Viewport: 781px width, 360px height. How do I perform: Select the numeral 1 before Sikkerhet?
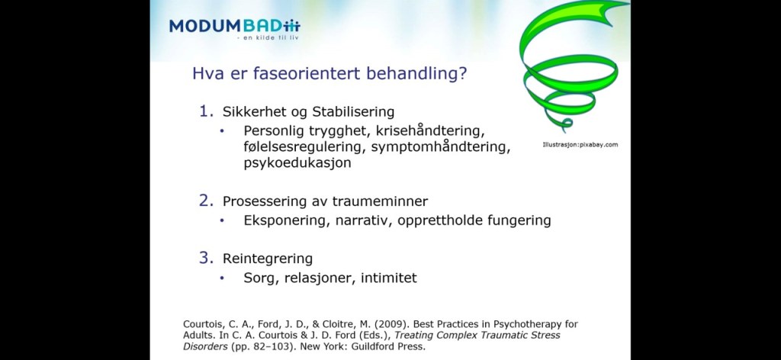[204, 111]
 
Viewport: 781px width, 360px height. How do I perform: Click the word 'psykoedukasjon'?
[297, 162]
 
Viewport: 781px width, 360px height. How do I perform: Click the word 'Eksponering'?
[287, 220]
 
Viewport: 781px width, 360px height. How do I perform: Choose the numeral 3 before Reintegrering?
[204, 258]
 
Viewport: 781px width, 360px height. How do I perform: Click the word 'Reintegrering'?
[268, 259]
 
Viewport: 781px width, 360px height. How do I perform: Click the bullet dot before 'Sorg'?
[222, 278]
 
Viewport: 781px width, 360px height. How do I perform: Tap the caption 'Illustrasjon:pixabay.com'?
[580, 145]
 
